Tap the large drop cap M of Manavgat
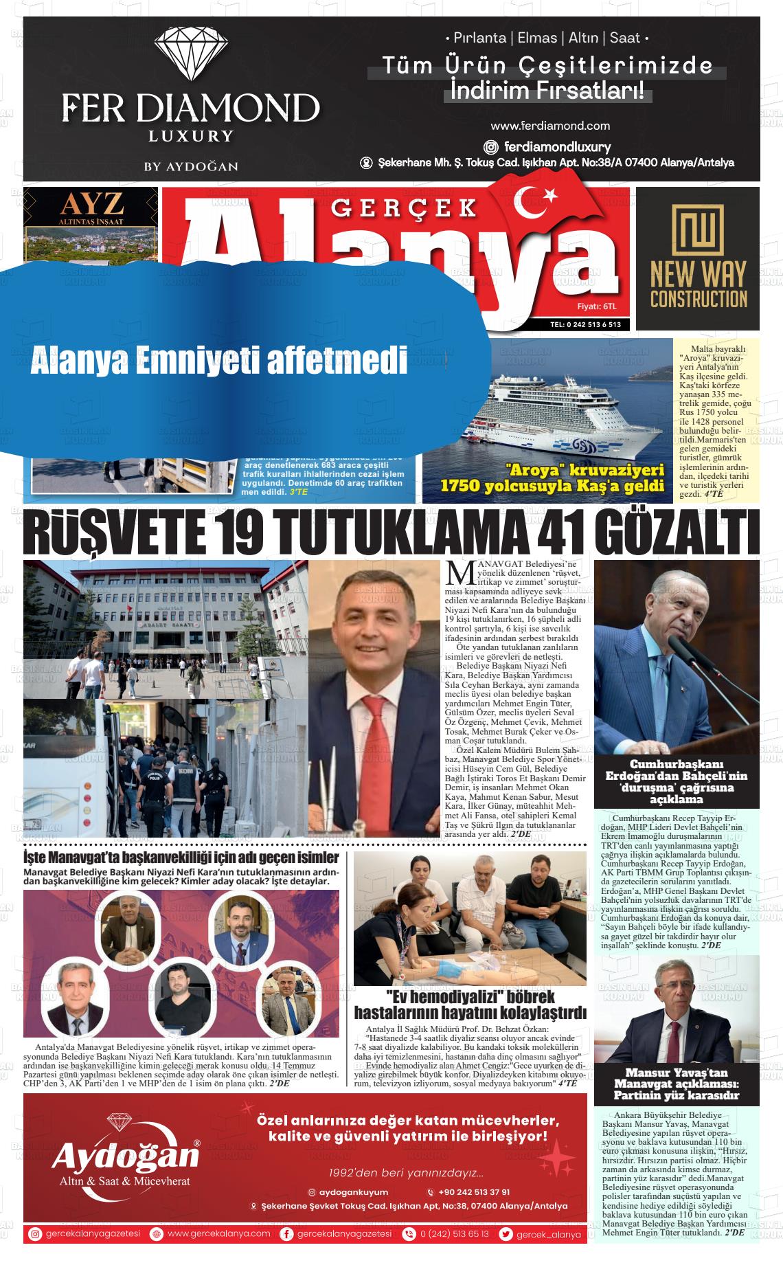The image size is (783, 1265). (x=456, y=572)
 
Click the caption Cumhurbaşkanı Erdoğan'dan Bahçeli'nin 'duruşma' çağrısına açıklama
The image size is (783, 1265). (x=676, y=782)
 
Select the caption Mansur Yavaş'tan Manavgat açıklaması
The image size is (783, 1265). (x=676, y=1084)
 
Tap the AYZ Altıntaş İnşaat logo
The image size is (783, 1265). (x=90, y=207)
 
